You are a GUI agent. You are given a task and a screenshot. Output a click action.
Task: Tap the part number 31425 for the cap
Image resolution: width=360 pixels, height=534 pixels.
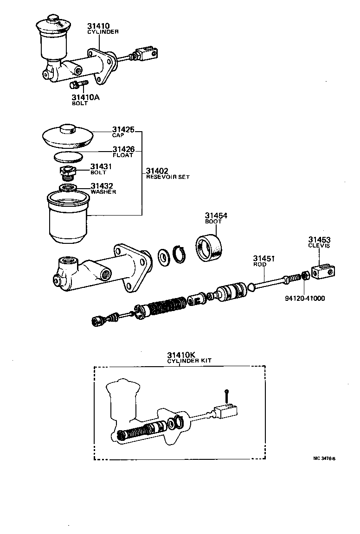pyautogui.click(x=123, y=129)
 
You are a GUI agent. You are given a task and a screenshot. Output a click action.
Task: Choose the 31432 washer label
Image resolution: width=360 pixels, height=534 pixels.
pyautogui.click(x=102, y=186)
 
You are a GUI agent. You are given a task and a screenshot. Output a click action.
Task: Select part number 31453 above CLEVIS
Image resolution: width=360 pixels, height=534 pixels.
pyautogui.click(x=319, y=240)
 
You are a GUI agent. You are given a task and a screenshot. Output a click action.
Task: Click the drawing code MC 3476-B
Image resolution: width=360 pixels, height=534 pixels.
pyautogui.click(x=323, y=459)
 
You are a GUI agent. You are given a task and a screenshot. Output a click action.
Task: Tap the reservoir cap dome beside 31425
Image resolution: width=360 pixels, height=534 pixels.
pyautogui.click(x=68, y=134)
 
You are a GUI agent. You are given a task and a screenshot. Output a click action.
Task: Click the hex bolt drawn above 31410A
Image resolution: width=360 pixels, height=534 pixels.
pyautogui.click(x=78, y=84)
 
